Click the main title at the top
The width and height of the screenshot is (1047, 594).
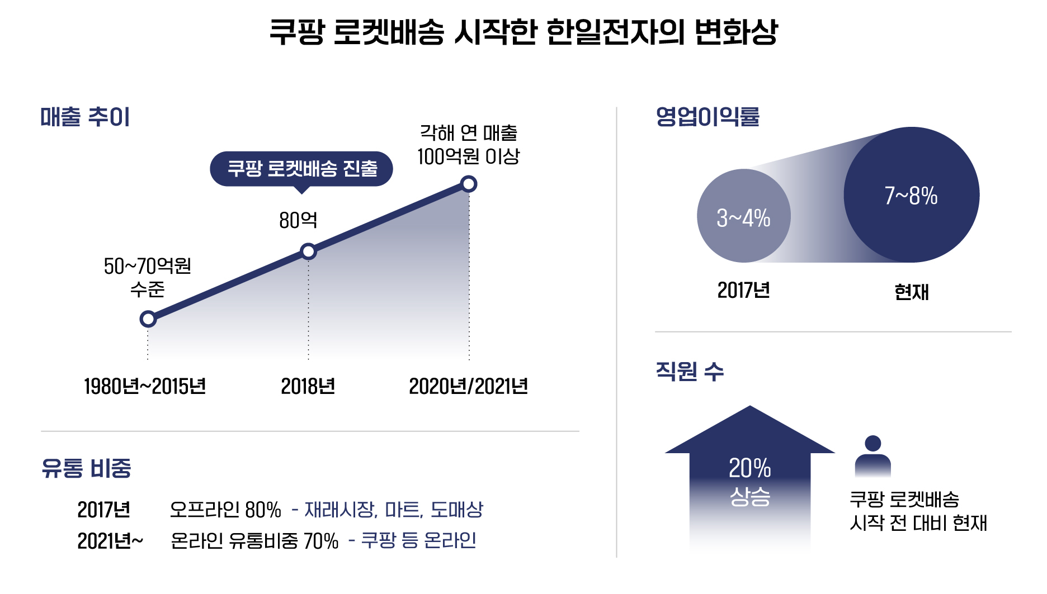[523, 31]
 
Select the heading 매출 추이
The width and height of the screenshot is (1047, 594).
[85, 117]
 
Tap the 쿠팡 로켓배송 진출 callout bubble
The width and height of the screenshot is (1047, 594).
[301, 168]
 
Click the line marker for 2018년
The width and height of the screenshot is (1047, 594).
[308, 251]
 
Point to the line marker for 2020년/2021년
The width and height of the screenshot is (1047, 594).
[469, 184]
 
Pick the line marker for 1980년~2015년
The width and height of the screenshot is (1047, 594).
[148, 319]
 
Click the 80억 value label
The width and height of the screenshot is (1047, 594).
[298, 220]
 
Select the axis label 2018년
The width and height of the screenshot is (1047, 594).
[308, 386]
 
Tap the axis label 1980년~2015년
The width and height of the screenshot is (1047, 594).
[145, 386]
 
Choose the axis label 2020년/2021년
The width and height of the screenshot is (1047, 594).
[468, 386]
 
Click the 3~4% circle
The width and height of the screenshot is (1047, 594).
[743, 216]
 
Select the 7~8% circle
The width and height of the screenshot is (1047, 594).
[911, 195]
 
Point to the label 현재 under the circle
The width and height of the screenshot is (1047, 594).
[911, 292]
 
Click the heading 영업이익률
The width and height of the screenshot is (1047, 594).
[708, 116]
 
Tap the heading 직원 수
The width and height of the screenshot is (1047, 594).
[690, 371]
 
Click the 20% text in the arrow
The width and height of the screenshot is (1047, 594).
[749, 468]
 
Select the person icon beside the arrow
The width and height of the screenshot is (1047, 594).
[872, 457]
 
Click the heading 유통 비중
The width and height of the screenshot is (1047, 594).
[86, 468]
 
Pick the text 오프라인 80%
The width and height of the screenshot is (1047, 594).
[225, 510]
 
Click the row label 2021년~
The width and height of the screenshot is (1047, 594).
[110, 541]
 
